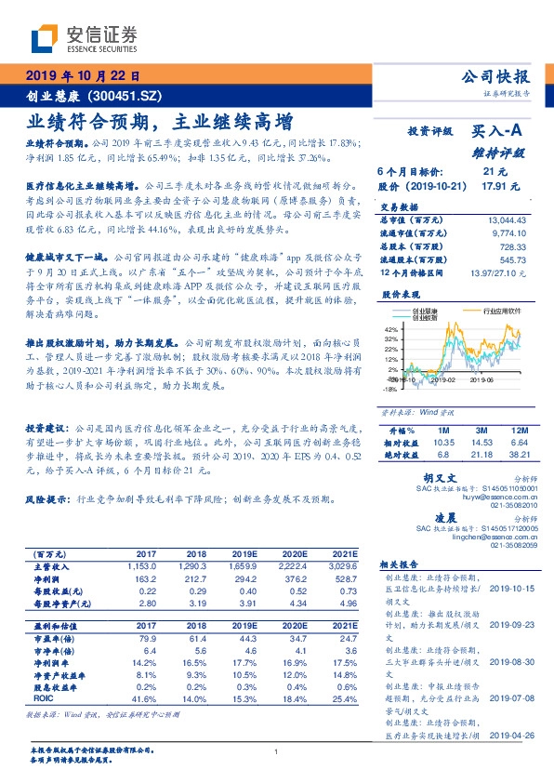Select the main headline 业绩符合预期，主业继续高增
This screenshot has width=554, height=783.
pyautogui.click(x=158, y=121)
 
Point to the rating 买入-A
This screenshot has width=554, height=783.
pyautogui.click(x=497, y=133)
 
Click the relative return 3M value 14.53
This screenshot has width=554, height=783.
pyautogui.click(x=481, y=444)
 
